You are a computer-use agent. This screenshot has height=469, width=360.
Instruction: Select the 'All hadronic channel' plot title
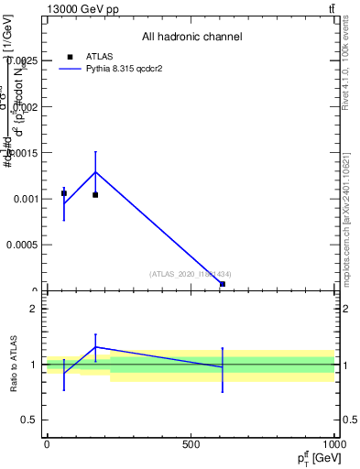191,37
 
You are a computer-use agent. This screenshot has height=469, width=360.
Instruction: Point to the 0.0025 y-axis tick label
25,60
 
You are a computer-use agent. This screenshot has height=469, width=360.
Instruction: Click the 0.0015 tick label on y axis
25,152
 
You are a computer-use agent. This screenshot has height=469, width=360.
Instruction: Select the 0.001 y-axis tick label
27,199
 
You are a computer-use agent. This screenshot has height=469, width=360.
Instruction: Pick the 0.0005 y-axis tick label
25,245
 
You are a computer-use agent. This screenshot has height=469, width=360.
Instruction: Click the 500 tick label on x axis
191,444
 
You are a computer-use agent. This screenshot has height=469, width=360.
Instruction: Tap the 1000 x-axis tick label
333,444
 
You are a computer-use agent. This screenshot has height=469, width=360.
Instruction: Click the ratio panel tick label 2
34,309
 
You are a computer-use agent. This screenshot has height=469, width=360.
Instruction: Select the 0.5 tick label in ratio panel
30,420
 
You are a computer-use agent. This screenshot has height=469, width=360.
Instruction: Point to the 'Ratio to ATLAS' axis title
14,364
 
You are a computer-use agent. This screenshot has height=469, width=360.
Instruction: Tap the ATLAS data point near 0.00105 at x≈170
95,194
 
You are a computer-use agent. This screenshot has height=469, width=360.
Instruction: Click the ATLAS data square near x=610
223,284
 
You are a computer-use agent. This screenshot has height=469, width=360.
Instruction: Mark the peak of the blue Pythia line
95,172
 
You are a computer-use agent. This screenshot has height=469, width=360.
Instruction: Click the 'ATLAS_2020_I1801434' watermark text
191,274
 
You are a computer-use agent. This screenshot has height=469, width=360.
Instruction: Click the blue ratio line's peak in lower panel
95,347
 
